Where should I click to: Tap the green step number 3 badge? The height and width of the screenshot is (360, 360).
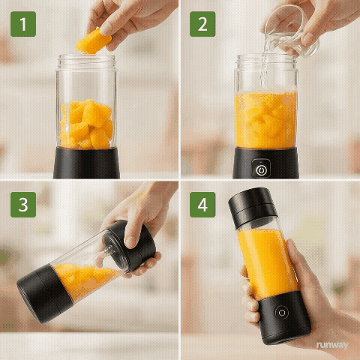[22, 203]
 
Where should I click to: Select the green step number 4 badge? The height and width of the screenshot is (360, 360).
[202, 203]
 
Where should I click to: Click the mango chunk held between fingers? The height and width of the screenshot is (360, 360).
[93, 40]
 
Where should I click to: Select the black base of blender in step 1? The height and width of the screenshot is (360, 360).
[86, 163]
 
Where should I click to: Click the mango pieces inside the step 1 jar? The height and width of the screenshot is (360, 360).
[86, 124]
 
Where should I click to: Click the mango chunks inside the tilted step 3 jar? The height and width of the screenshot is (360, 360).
[82, 277]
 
